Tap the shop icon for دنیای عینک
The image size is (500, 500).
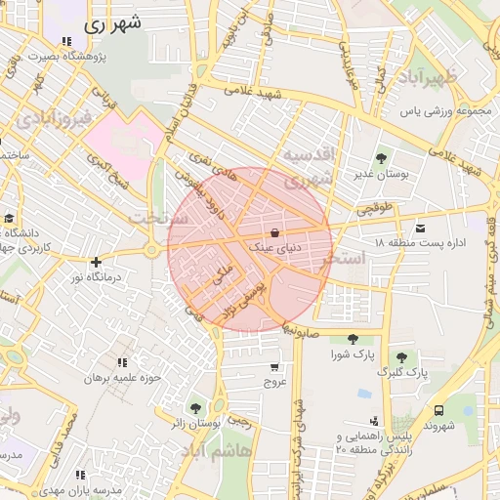click(x=274, y=232)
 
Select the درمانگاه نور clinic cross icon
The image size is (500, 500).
click(x=96, y=262)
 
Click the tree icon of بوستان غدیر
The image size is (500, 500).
click(x=381, y=157)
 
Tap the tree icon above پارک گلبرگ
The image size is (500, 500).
click(x=400, y=357)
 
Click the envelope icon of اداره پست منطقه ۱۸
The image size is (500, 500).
click(x=421, y=226)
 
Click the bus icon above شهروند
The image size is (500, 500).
click(x=439, y=411)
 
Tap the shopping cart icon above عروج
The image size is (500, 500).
click(x=274, y=367)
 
